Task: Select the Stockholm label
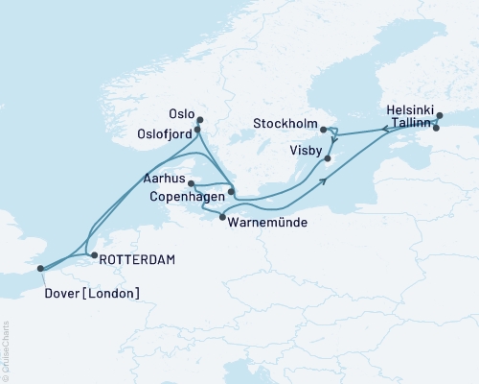click(x=285, y=123)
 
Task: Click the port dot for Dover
click(x=40, y=270)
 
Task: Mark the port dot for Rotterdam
click(x=93, y=255)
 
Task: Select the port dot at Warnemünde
click(x=223, y=218)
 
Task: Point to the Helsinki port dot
click(x=439, y=116)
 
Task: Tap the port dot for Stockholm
click(x=323, y=129)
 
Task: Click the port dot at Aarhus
click(x=192, y=183)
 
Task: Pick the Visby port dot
click(x=328, y=158)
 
